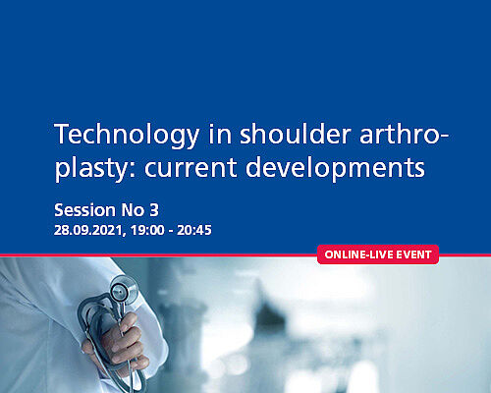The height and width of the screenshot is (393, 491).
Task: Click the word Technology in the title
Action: tap(127, 135)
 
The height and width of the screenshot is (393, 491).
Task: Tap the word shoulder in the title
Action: tap(296, 134)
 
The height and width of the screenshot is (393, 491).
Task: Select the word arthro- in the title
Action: tap(404, 135)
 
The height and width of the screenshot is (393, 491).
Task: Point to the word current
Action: tap(191, 168)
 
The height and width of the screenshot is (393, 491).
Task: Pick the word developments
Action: tap(335, 168)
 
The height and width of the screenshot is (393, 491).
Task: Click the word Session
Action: tap(84, 210)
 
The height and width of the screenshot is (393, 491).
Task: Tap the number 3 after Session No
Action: tap(154, 210)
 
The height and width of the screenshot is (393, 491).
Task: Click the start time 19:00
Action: tap(147, 230)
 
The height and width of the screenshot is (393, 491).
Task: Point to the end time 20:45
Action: tap(194, 230)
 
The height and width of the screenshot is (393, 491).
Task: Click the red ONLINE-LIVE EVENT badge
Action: tap(378, 254)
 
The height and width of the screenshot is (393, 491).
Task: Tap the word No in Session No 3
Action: tap(133, 210)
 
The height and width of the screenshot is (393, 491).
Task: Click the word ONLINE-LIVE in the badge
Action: tap(358, 254)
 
